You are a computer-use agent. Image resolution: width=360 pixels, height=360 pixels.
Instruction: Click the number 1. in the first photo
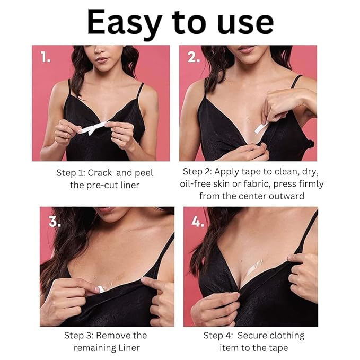(x=45, y=57)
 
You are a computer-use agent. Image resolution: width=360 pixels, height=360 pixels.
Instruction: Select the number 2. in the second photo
(x=194, y=57)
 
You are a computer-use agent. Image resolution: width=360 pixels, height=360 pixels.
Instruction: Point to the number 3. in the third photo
(x=55, y=222)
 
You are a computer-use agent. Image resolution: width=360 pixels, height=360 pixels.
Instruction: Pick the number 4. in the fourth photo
(x=197, y=222)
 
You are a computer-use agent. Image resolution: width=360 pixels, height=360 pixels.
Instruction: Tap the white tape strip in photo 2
(x=262, y=128)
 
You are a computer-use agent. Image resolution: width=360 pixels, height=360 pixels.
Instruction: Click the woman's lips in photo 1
(x=102, y=60)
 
